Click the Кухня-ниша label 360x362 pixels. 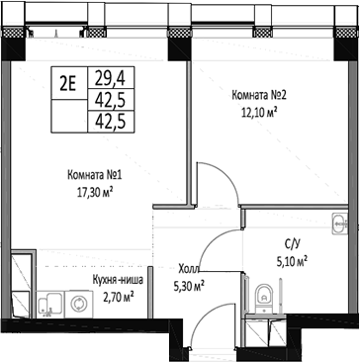click(117, 281)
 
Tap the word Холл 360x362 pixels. click(187, 267)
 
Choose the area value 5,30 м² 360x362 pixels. click(188, 286)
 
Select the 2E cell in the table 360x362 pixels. click(68, 83)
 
